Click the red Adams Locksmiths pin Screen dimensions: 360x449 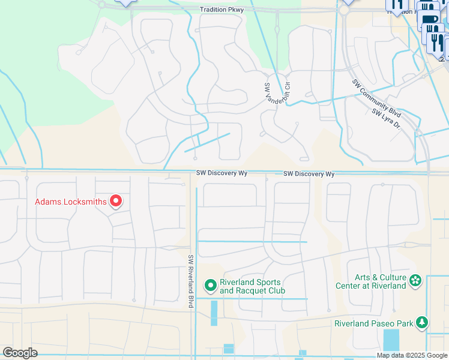[115, 200]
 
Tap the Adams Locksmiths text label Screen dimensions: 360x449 [70, 202]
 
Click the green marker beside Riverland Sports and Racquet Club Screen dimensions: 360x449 [210, 284]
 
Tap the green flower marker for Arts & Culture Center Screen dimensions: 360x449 [414, 280]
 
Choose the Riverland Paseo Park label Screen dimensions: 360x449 [373, 323]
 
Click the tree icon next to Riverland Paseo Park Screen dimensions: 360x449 [423, 323]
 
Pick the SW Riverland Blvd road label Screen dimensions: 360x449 [191, 281]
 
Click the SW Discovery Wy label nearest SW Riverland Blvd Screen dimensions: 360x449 [221, 173]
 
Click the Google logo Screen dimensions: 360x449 [20, 352]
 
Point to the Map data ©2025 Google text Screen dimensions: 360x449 [412, 355]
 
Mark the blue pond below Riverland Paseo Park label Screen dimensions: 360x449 [391, 340]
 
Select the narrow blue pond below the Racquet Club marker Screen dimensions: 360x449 [214, 313]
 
